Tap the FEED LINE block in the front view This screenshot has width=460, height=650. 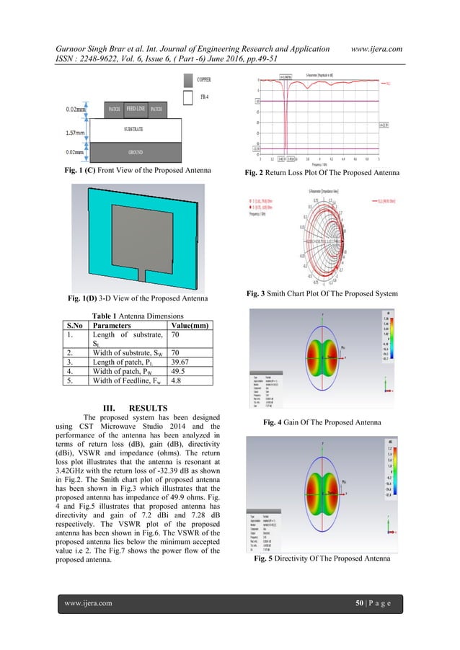[x=136, y=110]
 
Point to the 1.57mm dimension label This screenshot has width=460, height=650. [x=73, y=133]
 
